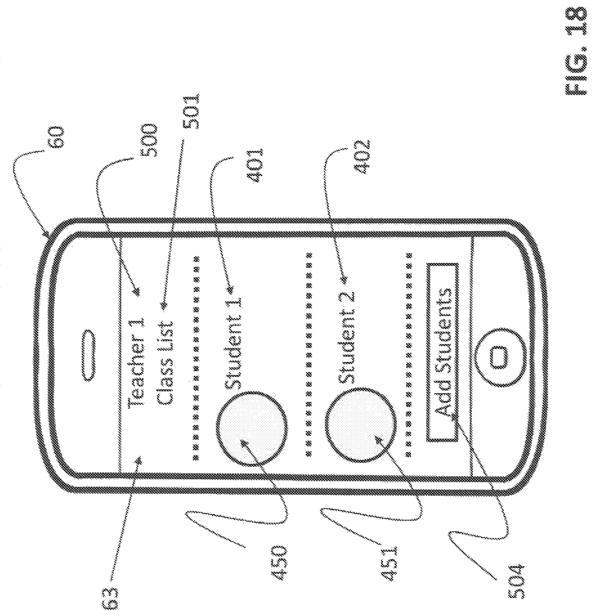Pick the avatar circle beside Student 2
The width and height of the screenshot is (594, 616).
(360, 424)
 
